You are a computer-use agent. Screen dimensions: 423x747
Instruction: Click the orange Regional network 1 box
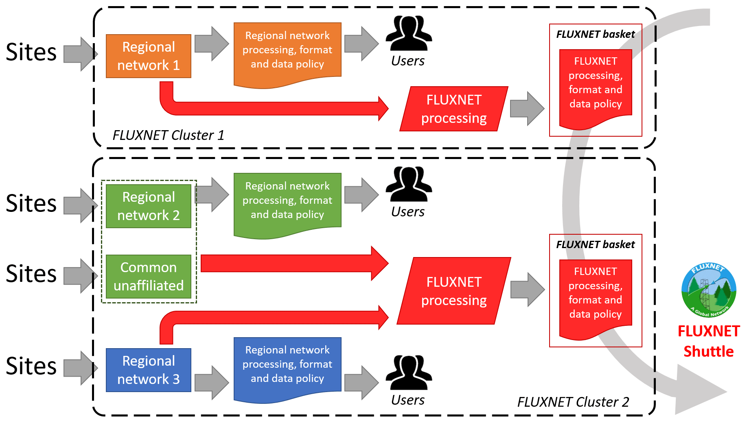pos(148,56)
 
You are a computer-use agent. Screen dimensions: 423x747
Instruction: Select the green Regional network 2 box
pos(148,206)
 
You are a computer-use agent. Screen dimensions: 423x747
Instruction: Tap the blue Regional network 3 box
pos(148,370)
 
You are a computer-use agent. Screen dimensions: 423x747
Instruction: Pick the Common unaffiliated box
pos(148,277)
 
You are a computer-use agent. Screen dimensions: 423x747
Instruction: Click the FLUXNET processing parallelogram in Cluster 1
pos(454,109)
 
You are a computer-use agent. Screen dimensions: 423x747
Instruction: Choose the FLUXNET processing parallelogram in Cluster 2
pos(454,291)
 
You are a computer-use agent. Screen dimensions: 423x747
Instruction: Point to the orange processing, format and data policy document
pos(287,51)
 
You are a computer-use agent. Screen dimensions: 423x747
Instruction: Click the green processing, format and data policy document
pos(287,201)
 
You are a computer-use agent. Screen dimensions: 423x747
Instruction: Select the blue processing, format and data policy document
pos(287,365)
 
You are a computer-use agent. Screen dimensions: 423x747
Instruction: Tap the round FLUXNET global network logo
pos(709,290)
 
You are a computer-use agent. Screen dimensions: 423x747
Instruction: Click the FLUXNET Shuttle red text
pos(709,341)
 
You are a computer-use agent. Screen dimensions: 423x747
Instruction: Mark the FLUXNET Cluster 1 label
pos(168,135)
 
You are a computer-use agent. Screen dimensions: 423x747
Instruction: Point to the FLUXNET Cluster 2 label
pos(573,402)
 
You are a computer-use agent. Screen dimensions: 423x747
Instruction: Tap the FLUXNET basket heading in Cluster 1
pos(595,35)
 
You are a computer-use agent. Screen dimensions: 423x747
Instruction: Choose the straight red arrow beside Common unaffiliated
pos(293,264)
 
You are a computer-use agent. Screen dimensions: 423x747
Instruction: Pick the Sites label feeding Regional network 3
pos(31,366)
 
